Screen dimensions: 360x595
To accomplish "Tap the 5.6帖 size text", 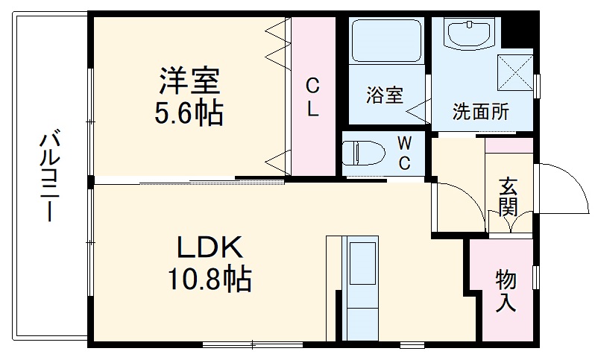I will click(189, 113).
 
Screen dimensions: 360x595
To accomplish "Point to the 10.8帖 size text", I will click(209, 280).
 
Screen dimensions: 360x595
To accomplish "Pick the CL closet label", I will click(312, 97).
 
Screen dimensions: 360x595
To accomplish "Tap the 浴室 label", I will click(384, 95).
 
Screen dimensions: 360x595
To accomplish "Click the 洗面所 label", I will click(481, 113).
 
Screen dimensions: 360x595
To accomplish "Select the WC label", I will click(403, 153).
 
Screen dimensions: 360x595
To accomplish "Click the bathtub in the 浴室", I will click(386, 42).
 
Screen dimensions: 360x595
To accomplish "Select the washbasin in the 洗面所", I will click(467, 34).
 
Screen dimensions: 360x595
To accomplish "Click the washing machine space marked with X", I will click(515, 72).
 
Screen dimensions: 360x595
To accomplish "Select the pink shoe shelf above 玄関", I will click(509, 145).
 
